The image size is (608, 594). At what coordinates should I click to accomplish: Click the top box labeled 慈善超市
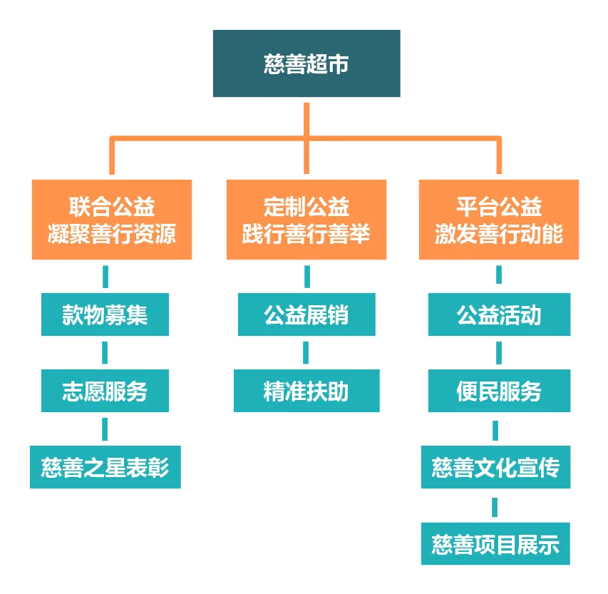click(x=307, y=63)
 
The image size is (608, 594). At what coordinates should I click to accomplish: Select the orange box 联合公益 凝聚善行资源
click(x=112, y=220)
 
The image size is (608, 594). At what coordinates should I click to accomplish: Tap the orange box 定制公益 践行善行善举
click(x=306, y=220)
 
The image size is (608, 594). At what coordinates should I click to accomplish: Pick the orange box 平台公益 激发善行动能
click(x=499, y=220)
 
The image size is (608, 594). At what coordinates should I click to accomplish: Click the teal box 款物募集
click(x=105, y=314)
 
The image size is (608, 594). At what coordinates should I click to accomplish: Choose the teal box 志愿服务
click(x=105, y=391)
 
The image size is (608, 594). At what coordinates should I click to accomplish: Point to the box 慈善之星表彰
click(x=105, y=468)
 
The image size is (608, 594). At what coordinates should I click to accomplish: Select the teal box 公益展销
click(x=306, y=314)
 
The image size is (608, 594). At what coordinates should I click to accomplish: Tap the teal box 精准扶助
click(x=306, y=391)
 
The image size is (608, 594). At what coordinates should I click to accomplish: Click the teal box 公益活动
click(x=499, y=314)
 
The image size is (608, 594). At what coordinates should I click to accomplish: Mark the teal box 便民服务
click(x=499, y=391)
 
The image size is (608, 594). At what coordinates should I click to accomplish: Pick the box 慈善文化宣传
click(x=495, y=468)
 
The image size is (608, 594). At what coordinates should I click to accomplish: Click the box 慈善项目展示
click(x=495, y=545)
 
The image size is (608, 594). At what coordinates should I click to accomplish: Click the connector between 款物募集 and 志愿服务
click(x=105, y=352)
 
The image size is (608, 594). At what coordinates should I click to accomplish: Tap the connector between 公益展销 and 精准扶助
click(x=306, y=352)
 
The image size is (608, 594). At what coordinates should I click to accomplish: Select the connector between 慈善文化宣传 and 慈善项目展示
click(x=495, y=506)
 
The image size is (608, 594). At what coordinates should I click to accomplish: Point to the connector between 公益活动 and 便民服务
click(x=499, y=352)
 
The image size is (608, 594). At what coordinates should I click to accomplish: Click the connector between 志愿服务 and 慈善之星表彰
click(x=105, y=429)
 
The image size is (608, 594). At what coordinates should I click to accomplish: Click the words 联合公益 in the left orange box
click(x=112, y=208)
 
